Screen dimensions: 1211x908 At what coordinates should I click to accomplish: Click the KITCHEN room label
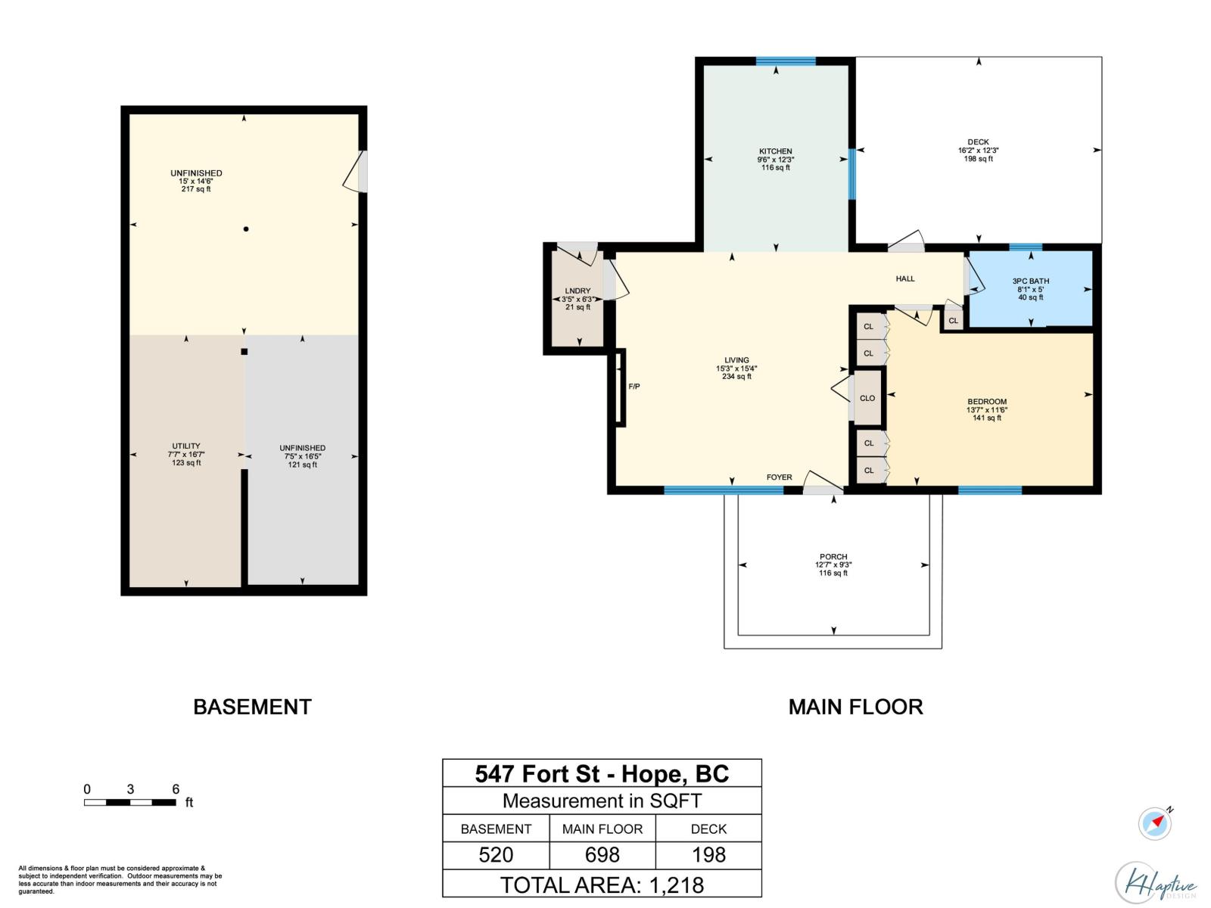click(x=775, y=151)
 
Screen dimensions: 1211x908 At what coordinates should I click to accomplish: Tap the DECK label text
click(x=978, y=141)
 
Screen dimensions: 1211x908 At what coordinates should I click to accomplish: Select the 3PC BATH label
click(x=1030, y=281)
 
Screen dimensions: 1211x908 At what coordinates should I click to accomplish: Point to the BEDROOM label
click(x=986, y=401)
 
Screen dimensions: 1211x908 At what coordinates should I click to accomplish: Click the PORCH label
click(x=833, y=556)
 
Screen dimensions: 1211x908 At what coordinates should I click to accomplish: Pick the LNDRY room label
click(x=577, y=291)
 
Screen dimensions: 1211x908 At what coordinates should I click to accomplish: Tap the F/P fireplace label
click(x=634, y=387)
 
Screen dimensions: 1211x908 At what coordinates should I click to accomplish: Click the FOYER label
click(x=779, y=477)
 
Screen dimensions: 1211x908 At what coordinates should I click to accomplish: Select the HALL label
click(x=904, y=278)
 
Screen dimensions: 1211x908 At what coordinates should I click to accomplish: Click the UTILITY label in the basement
click(x=186, y=446)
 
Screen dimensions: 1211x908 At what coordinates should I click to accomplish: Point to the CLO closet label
click(x=867, y=398)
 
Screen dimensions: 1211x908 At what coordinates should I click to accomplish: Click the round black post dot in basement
click(x=246, y=229)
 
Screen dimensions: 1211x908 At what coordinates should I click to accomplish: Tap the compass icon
click(x=1154, y=823)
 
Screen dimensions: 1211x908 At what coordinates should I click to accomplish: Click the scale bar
click(x=129, y=802)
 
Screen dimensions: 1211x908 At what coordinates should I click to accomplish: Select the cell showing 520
click(x=496, y=855)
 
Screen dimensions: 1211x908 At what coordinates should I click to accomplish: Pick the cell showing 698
click(x=602, y=855)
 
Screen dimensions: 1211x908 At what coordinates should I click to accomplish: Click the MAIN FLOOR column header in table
click(x=602, y=829)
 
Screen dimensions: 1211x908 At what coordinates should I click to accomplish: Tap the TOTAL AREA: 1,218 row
click(x=602, y=885)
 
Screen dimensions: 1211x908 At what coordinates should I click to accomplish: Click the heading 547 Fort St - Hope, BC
click(x=602, y=773)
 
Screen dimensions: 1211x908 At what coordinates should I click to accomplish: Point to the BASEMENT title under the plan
click(x=252, y=707)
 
